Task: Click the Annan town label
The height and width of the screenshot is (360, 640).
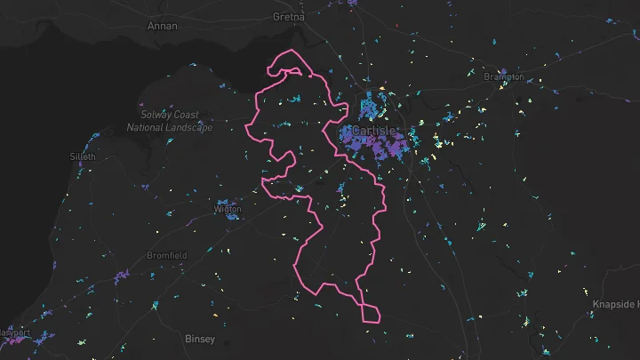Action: (x=163, y=26)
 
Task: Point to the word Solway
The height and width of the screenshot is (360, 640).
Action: (x=156, y=115)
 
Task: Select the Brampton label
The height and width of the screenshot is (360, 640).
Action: (x=504, y=77)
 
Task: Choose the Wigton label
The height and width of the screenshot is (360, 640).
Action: (x=228, y=209)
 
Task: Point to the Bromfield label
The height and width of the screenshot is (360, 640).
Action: (x=168, y=255)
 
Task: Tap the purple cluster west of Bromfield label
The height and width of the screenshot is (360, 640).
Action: (x=121, y=276)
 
